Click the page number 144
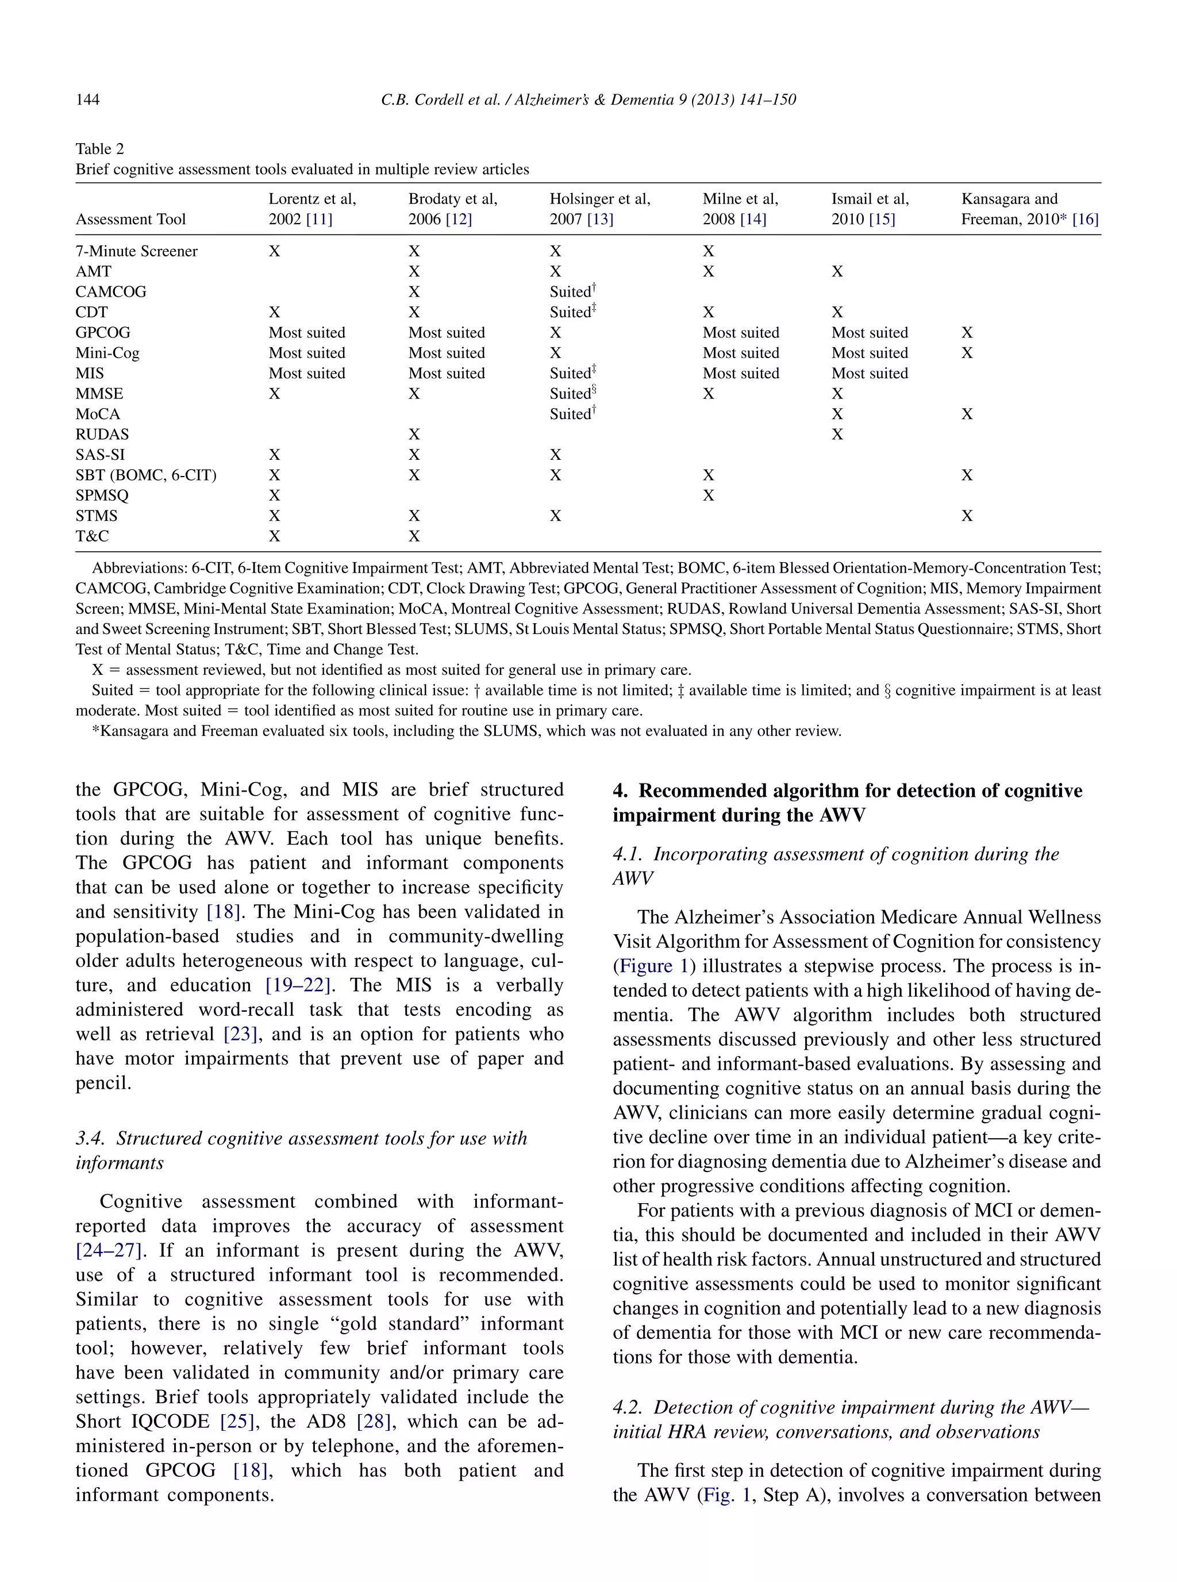(x=87, y=100)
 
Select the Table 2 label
(x=100, y=149)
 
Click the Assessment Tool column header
(x=130, y=220)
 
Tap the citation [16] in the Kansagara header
(x=1085, y=220)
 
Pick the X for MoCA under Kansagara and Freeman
(x=966, y=414)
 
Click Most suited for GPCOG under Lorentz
(x=306, y=333)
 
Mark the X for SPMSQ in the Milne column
(x=708, y=496)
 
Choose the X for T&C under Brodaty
(x=414, y=536)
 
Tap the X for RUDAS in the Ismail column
(x=837, y=435)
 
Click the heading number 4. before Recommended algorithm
(x=621, y=791)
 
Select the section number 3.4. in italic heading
(x=91, y=1139)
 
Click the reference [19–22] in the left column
(x=298, y=985)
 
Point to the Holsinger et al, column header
(x=599, y=199)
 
